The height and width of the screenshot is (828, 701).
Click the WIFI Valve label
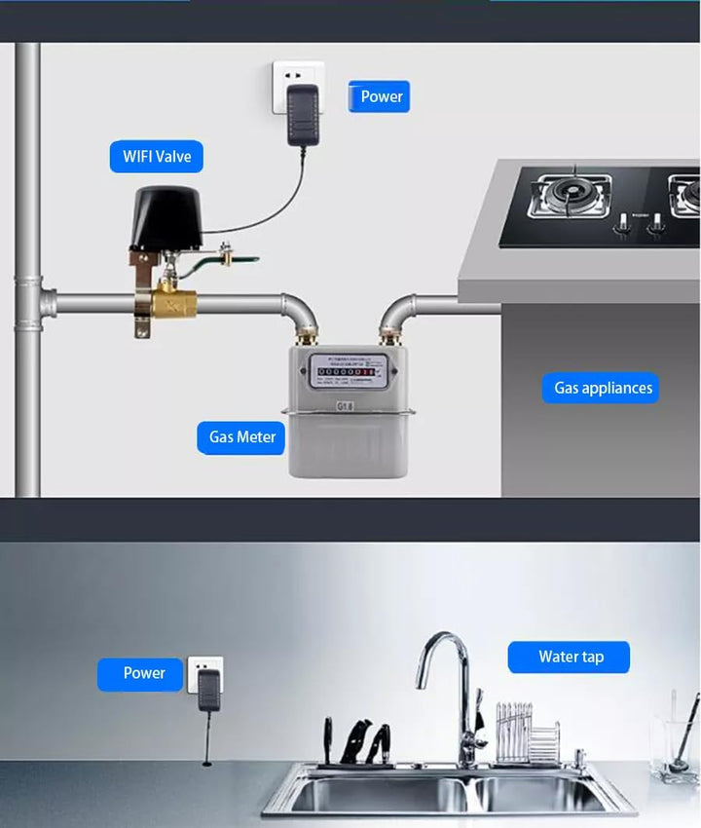(x=157, y=156)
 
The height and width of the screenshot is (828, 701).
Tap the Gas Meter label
(x=242, y=437)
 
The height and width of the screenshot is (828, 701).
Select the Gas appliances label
(x=603, y=388)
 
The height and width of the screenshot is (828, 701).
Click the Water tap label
(x=570, y=657)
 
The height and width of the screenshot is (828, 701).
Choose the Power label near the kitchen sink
(x=143, y=673)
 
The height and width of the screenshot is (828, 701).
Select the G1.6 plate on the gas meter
(x=347, y=406)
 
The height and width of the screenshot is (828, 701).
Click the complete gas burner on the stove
(x=570, y=195)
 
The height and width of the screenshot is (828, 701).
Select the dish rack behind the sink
(x=527, y=735)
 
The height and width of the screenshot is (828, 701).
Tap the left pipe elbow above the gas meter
(x=297, y=312)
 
